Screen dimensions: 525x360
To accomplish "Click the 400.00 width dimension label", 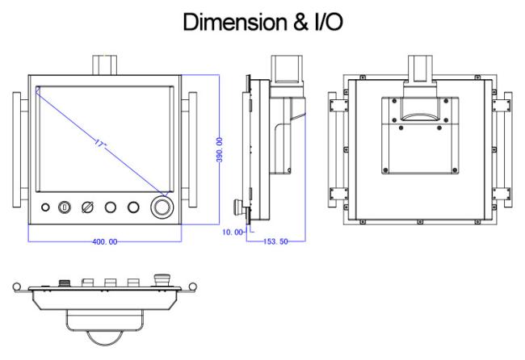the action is (x=105, y=241).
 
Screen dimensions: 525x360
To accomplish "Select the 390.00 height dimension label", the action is (x=220, y=149).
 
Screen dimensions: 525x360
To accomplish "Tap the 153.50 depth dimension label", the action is (x=275, y=241).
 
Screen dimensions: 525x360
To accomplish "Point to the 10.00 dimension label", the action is (x=233, y=232).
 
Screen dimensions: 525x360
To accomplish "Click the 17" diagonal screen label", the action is (x=100, y=144).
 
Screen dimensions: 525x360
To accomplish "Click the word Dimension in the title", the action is (x=235, y=22).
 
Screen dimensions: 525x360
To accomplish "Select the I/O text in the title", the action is (x=329, y=22).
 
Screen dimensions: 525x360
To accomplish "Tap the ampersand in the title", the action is (x=300, y=22).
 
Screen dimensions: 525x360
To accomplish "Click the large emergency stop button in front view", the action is (x=162, y=207).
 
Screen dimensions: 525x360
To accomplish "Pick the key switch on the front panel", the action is (x=65, y=207).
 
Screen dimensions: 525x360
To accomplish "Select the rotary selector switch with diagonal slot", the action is (x=88, y=207).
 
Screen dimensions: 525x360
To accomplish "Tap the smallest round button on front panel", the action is (x=45, y=207).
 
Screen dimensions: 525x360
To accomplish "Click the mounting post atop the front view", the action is (x=104, y=65).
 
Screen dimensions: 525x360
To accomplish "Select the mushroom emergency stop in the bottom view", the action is (x=162, y=280).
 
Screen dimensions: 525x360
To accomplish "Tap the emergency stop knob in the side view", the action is (x=239, y=205).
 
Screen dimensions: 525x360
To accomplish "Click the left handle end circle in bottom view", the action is (x=17, y=287).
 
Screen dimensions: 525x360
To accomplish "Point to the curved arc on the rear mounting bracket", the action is (x=420, y=116).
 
